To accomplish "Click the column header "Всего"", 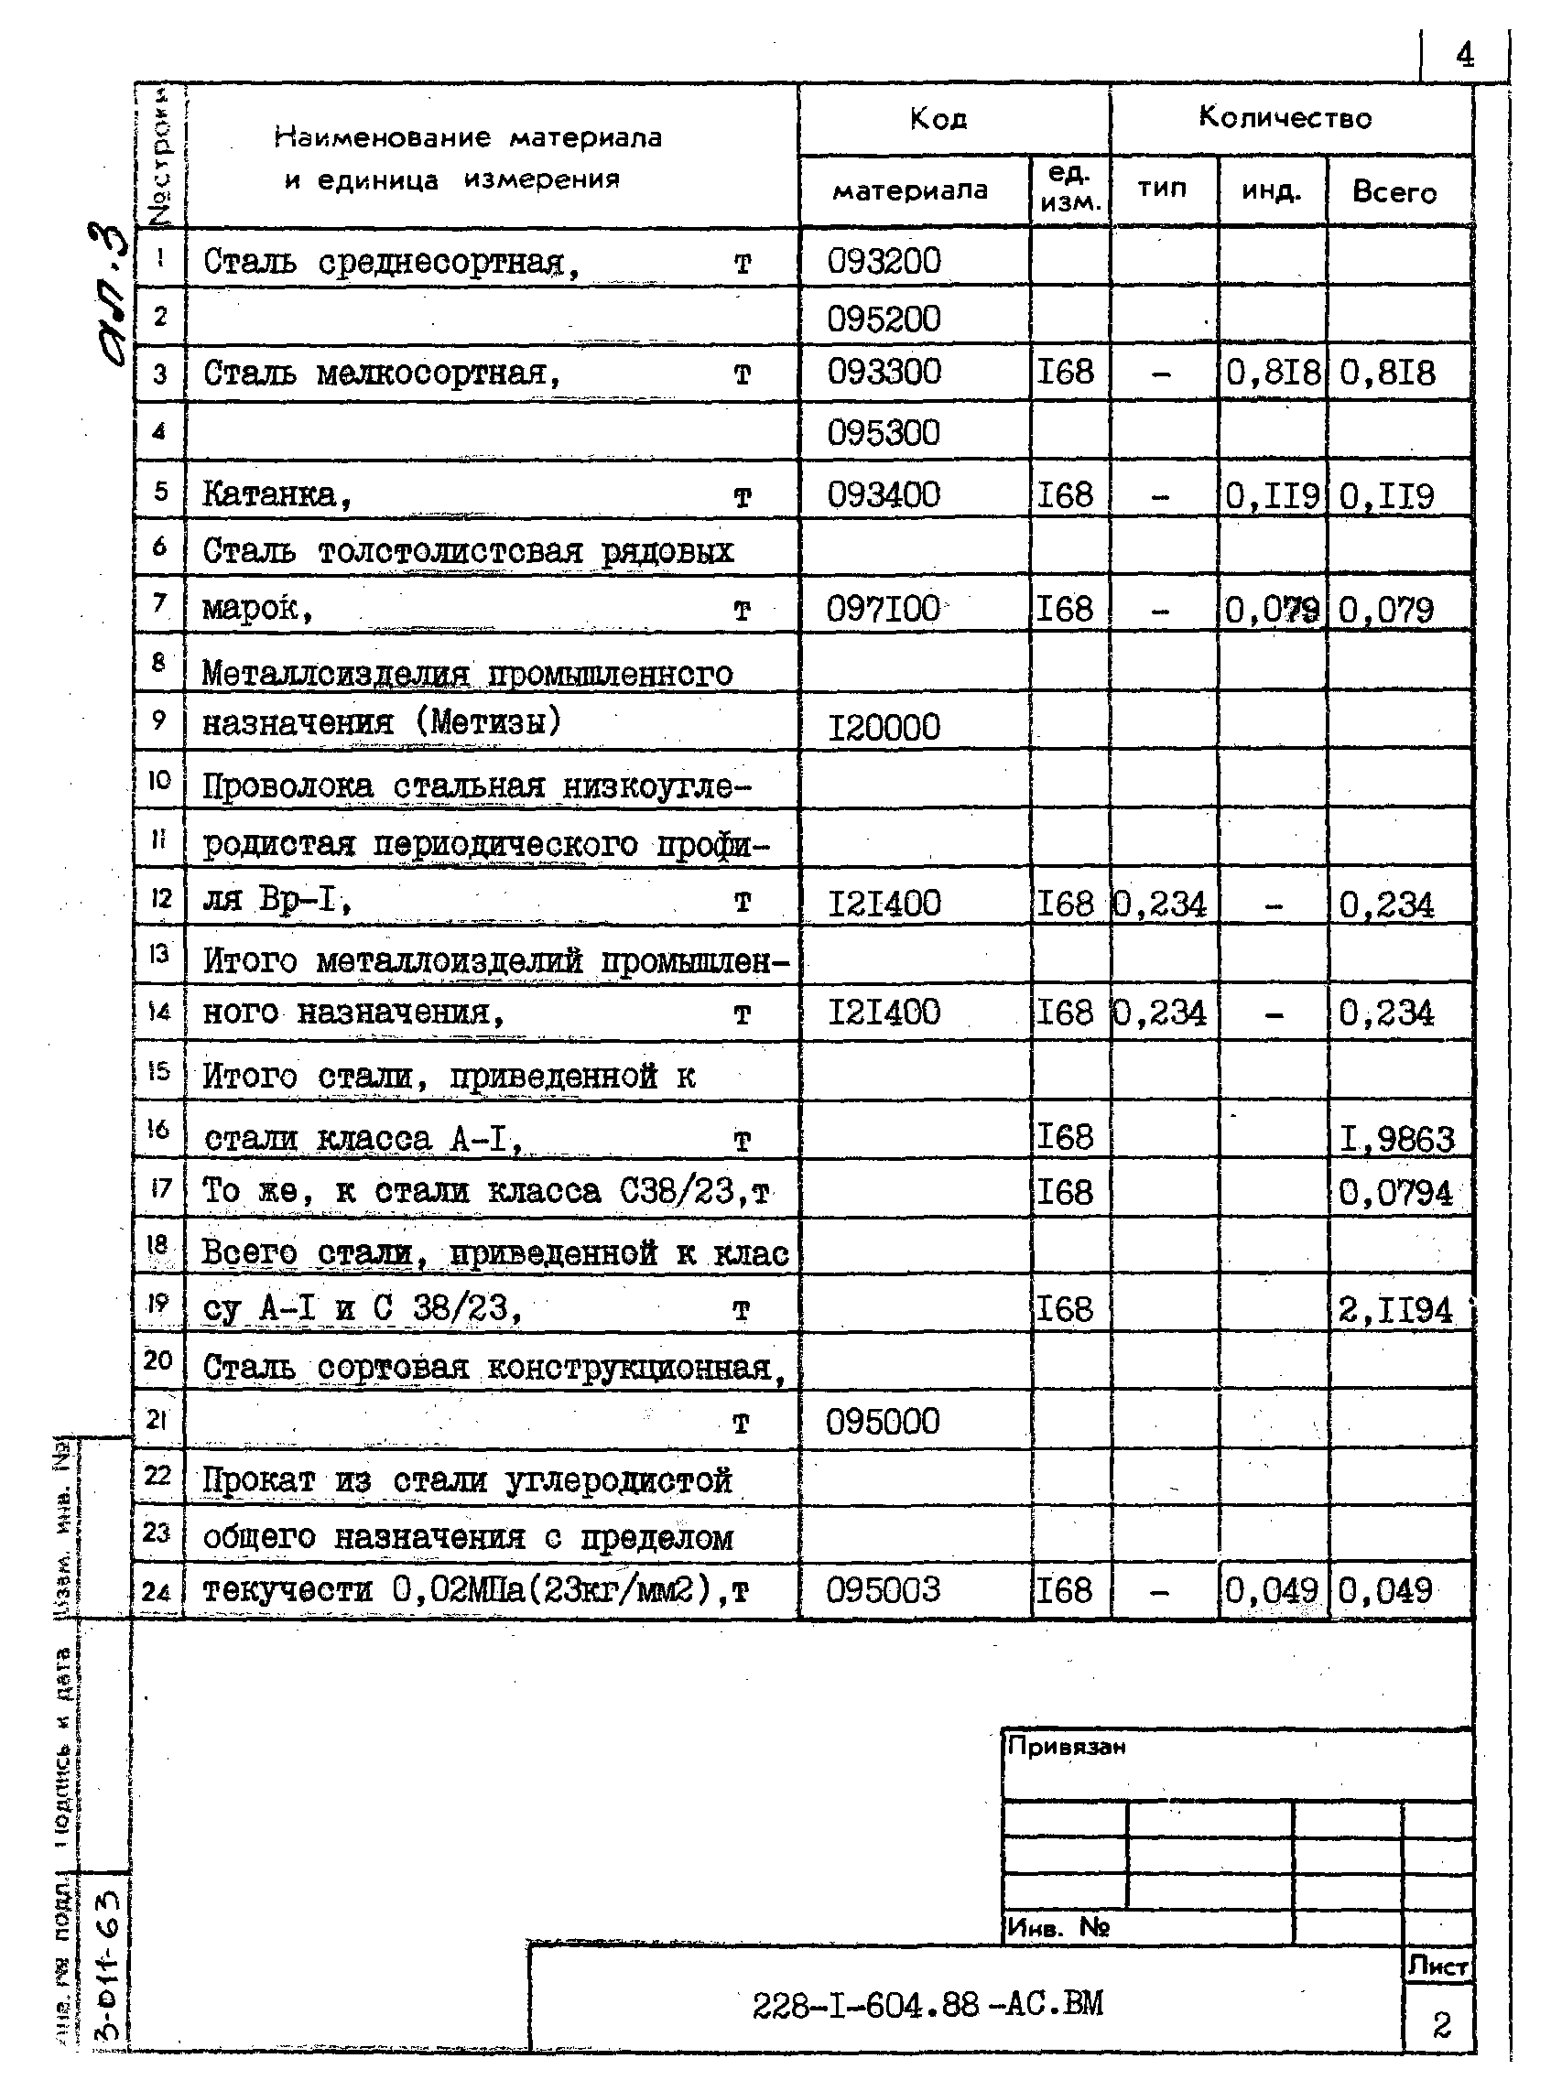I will tap(1394, 192).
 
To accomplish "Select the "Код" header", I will tap(938, 119).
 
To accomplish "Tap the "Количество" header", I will tap(1285, 118).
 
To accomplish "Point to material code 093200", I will tap(884, 261).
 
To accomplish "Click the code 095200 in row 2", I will tap(884, 320).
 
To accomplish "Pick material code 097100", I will tap(884, 609).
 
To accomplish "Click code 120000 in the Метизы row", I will tap(884, 727).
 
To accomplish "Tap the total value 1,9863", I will tap(1396, 1138).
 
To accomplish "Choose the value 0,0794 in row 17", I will tap(1395, 1194).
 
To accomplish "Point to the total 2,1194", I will tap(1395, 1309).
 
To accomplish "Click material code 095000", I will tap(883, 1422).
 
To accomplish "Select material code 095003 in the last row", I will tap(883, 1590).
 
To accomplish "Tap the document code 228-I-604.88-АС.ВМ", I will tap(927, 2005).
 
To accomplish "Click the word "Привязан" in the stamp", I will tap(1066, 1747).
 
